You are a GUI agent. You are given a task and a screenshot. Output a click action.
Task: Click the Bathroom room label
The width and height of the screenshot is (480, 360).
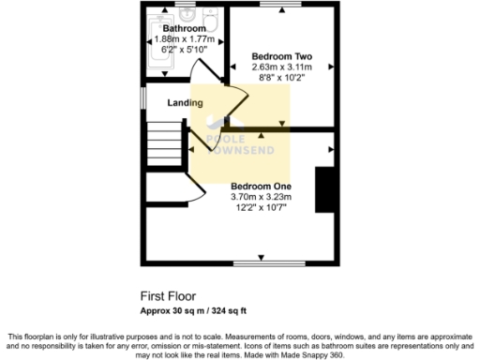[184, 29]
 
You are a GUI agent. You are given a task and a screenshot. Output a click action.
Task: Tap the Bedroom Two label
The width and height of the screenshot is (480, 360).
[280, 54]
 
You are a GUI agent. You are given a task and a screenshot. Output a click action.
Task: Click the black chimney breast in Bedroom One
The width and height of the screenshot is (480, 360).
[326, 188]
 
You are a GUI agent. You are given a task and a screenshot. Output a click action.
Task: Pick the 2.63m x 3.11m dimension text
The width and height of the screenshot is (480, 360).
[280, 67]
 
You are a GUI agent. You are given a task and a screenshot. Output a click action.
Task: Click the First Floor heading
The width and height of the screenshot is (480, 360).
[167, 293]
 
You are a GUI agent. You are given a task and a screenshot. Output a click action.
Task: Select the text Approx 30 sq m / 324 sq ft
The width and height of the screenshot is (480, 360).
[193, 310]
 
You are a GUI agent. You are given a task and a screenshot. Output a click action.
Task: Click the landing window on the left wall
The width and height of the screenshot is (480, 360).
[143, 98]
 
